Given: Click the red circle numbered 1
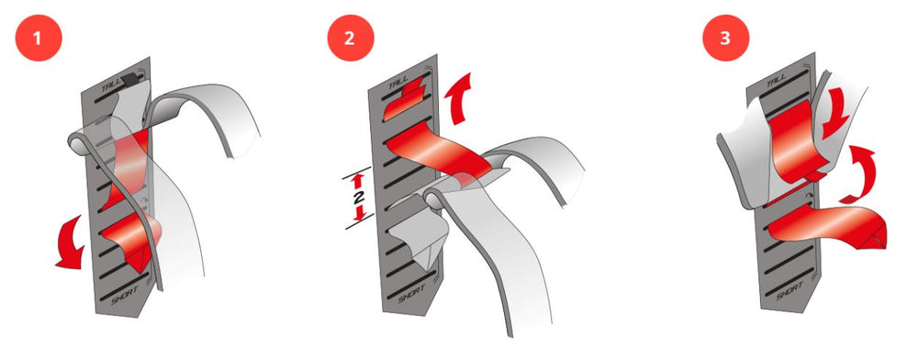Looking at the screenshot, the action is click(x=38, y=38).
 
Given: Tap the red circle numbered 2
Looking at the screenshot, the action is click(x=350, y=38).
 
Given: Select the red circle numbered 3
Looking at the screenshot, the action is click(x=725, y=38).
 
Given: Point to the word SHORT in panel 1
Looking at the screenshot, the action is click(x=124, y=291).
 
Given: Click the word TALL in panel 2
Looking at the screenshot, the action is click(x=400, y=83).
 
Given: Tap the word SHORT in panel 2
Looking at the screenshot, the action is click(x=411, y=293).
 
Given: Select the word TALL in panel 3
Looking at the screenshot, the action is click(x=776, y=79).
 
